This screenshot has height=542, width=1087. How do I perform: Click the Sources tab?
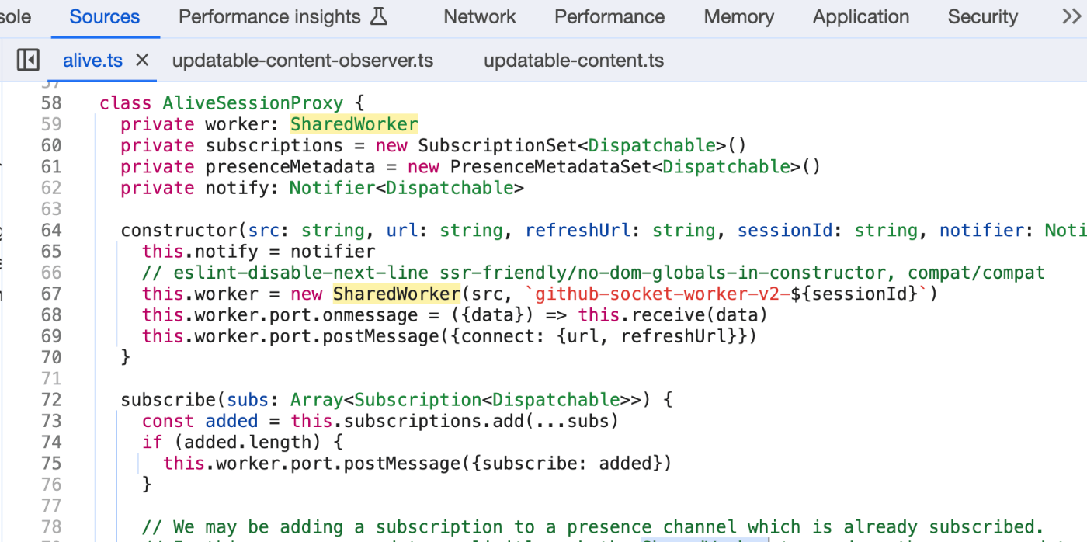point(104,17)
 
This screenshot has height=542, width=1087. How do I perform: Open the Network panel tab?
point(480,17)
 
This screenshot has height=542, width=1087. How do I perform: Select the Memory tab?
point(738,17)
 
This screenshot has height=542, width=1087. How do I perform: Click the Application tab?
point(860,17)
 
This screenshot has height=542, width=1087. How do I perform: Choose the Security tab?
point(982,17)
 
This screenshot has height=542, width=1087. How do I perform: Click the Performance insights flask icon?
point(379,17)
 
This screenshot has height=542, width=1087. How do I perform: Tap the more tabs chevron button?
point(1071,17)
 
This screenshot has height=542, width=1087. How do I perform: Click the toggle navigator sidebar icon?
point(28,61)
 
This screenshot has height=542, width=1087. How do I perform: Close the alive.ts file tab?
point(142,61)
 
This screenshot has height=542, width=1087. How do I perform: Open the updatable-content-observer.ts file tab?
point(302,61)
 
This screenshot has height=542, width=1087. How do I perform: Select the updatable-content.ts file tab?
point(574,61)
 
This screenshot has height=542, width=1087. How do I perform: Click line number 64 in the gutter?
point(51,231)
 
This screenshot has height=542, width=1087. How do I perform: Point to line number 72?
point(51,400)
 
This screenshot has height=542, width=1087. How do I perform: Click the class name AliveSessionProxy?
point(252,103)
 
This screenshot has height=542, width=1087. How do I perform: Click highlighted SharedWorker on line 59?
point(354,124)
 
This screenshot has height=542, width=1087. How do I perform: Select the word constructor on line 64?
point(178,231)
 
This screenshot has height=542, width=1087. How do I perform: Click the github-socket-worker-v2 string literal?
point(660,294)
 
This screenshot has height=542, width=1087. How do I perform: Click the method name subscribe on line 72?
point(168,400)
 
